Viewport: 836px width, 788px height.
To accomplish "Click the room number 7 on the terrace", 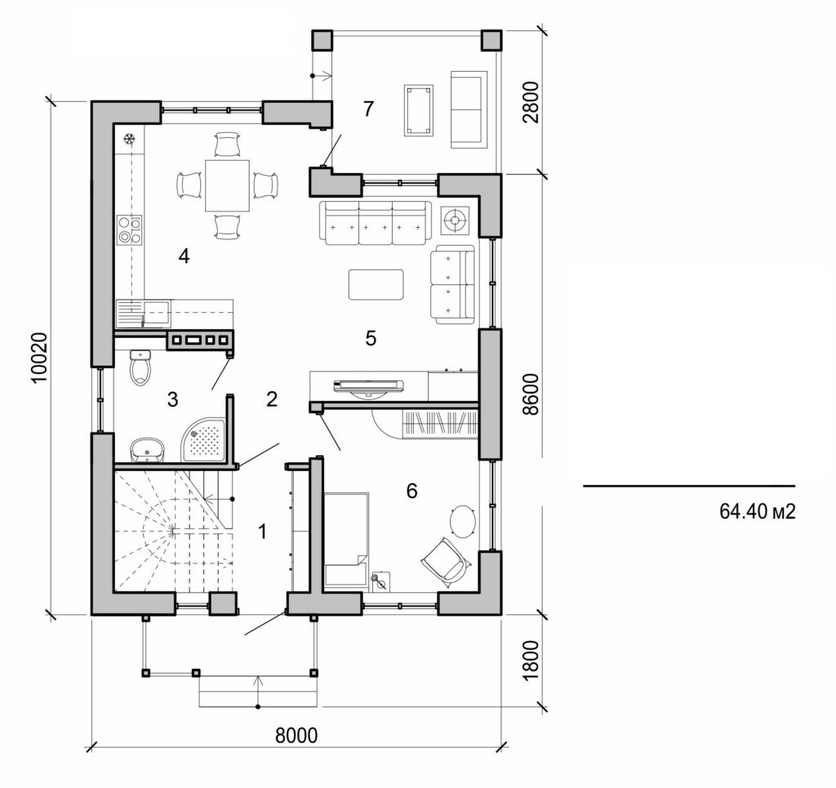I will click(x=368, y=108).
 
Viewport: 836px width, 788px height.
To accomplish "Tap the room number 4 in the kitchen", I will click(x=184, y=256).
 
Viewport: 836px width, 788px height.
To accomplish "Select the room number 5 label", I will click(x=371, y=338).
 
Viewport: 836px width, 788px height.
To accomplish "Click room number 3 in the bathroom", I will click(x=172, y=399).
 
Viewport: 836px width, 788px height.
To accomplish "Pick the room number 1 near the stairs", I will click(x=262, y=532).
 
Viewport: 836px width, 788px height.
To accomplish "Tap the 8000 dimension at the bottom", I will click(x=296, y=735).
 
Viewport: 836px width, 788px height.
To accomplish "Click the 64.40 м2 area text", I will click(x=757, y=511).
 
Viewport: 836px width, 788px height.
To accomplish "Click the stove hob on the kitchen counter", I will click(x=129, y=229).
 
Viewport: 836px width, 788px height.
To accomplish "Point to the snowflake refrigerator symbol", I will click(x=128, y=140).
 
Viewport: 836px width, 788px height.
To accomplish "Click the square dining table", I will click(x=227, y=185).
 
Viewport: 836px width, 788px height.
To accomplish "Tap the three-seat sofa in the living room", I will click(x=376, y=223).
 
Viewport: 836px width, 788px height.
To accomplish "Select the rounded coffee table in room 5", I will click(x=376, y=285).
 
